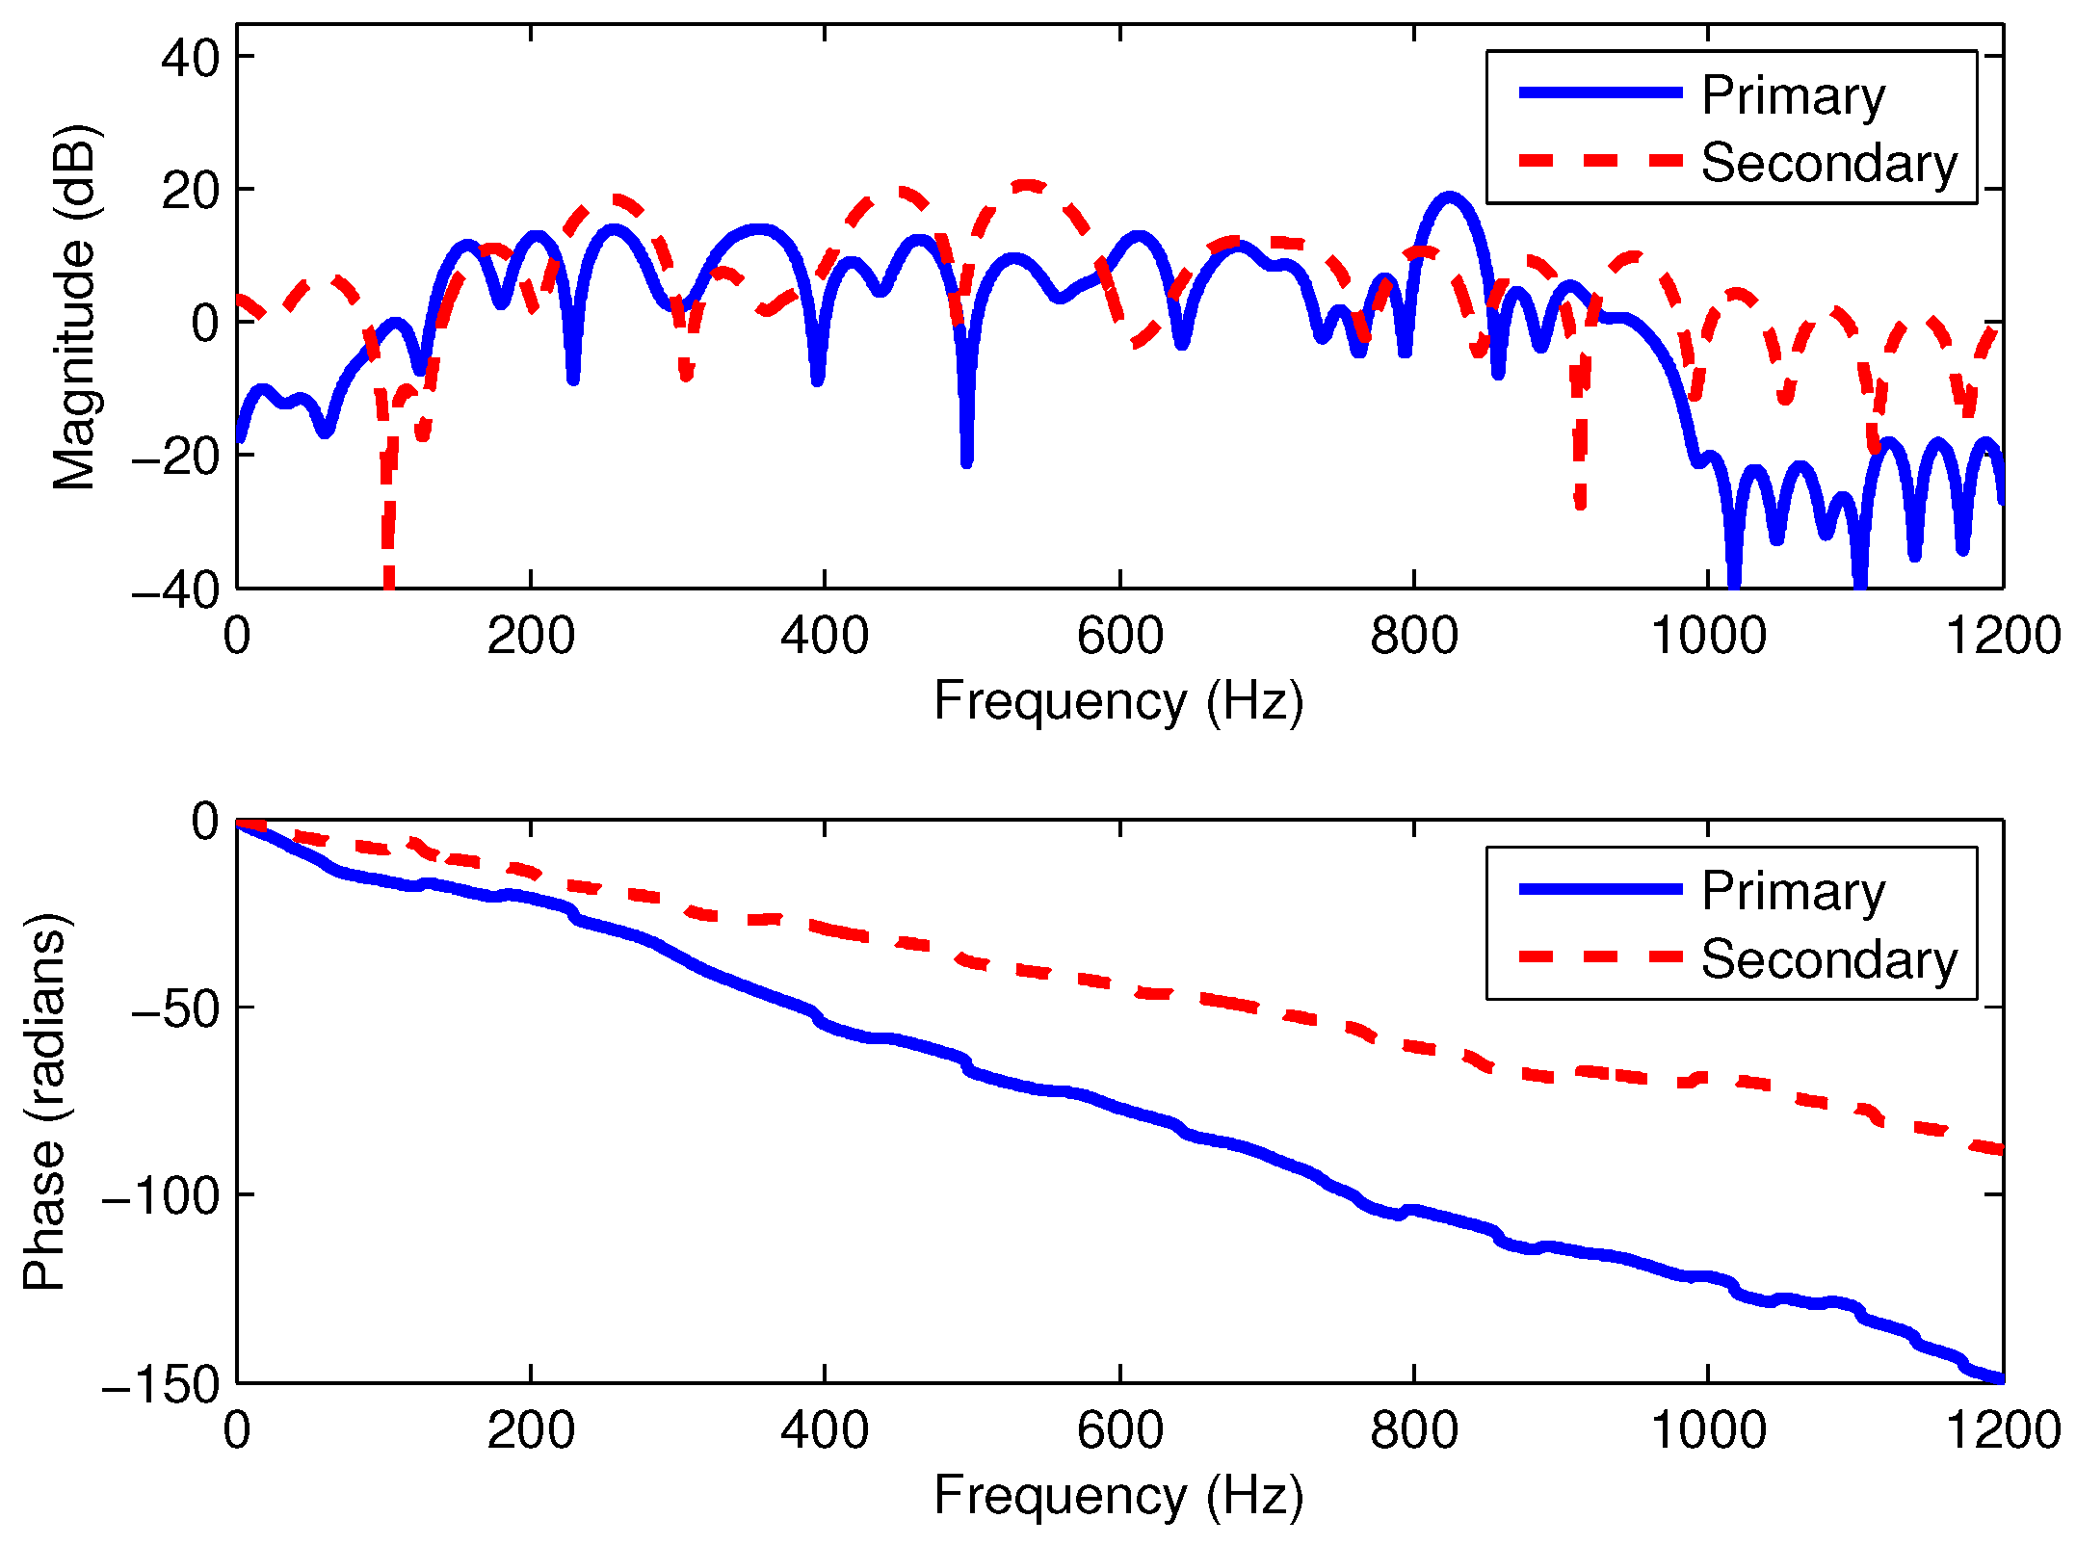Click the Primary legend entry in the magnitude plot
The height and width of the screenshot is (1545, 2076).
(1792, 95)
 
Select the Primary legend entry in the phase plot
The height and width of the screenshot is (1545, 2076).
(1792, 891)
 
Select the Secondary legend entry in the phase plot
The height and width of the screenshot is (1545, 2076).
(1827, 959)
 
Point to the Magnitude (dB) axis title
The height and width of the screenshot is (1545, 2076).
(74, 306)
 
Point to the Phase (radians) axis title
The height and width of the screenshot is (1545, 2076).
(44, 1101)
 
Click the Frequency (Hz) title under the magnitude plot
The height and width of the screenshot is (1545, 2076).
(1118, 700)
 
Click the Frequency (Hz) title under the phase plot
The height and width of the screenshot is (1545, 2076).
(1118, 1495)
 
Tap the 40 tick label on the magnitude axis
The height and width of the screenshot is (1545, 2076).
(191, 59)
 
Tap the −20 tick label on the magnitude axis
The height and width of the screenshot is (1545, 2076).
(175, 456)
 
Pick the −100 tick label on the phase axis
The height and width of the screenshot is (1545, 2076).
(161, 1195)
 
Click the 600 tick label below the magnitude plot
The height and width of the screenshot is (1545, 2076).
(1119, 637)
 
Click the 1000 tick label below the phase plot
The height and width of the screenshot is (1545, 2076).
(1708, 1430)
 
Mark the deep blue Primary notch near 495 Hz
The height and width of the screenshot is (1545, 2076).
(966, 460)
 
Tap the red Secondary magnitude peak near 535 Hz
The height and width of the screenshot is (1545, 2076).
(1027, 184)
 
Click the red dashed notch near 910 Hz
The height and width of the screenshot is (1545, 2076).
(1580, 501)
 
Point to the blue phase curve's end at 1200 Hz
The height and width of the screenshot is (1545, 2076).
(2000, 1378)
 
